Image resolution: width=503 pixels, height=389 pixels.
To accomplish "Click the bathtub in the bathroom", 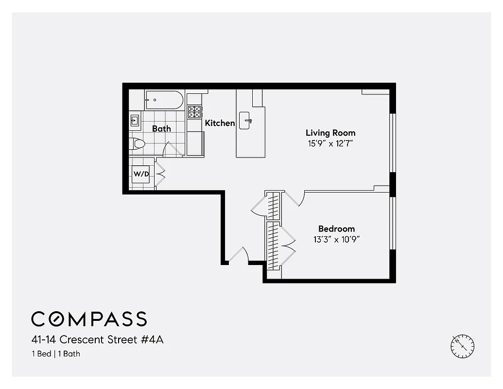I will tap(164, 100).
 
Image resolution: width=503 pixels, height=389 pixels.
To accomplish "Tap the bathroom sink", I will tap(135, 120).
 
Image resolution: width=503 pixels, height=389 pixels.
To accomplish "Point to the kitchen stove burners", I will tap(195, 112).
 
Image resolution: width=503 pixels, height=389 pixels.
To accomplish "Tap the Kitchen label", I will tap(220, 123).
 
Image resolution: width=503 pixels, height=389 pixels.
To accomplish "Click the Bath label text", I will tap(161, 129).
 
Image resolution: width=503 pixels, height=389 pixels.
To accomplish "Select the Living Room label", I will tap(330, 133).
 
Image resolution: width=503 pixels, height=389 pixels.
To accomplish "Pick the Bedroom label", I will tap(336, 229).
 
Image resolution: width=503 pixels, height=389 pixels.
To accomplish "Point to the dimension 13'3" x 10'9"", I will tap(336, 239).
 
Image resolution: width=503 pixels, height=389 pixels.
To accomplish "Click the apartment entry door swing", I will tap(239, 255).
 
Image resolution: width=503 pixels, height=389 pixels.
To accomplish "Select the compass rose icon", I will tap(462, 346).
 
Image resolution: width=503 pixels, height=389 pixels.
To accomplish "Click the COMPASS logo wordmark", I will tap(89, 319).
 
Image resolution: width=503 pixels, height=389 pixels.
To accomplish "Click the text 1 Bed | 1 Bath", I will tap(55, 354).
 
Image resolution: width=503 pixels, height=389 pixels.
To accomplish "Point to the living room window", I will tap(393, 143).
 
